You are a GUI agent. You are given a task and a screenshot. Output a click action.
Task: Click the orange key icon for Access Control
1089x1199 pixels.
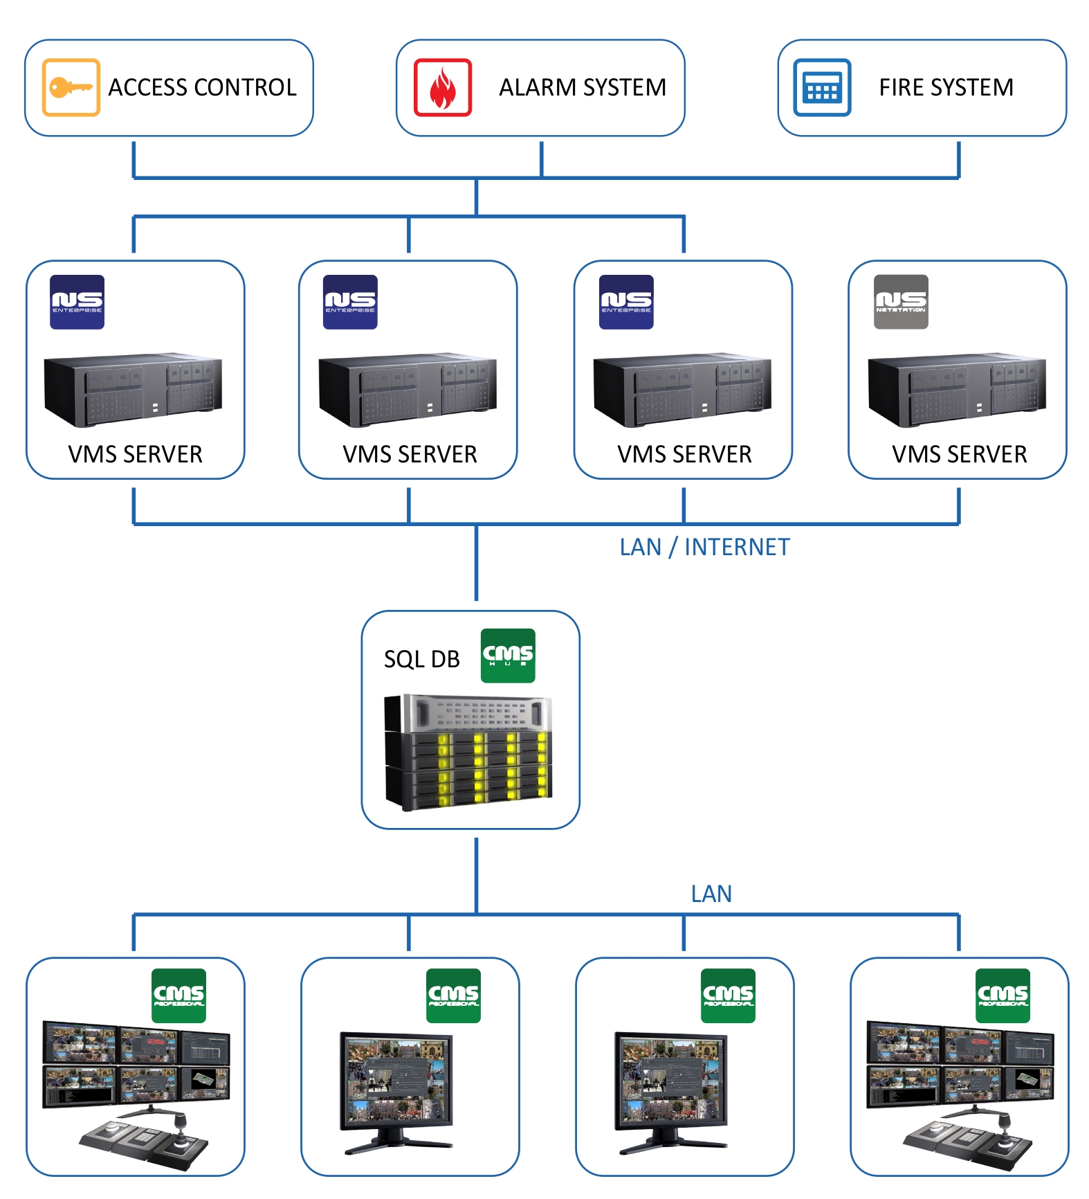pyautogui.click(x=71, y=87)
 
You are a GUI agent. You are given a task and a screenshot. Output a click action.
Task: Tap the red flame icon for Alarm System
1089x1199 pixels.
pyautogui.click(x=443, y=87)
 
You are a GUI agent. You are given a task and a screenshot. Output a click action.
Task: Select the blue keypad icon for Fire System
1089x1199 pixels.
pyautogui.click(x=822, y=87)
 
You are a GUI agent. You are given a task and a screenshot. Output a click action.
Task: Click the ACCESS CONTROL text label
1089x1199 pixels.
pyautogui.click(x=202, y=88)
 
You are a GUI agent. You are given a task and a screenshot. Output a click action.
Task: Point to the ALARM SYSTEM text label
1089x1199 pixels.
pyautogui.click(x=583, y=88)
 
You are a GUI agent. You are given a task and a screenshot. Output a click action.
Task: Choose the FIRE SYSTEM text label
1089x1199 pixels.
pyautogui.click(x=946, y=88)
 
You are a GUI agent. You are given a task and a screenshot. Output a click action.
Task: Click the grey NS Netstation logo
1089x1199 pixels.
pyautogui.click(x=901, y=302)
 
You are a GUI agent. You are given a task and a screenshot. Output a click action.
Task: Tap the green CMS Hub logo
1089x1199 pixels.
pyautogui.click(x=508, y=655)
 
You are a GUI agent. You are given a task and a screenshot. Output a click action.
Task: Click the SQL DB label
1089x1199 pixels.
pyautogui.click(x=421, y=659)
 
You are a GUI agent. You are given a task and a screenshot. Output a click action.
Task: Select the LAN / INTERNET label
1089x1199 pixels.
pyautogui.click(x=704, y=548)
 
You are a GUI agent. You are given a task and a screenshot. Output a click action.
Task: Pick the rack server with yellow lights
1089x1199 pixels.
pyautogui.click(x=469, y=752)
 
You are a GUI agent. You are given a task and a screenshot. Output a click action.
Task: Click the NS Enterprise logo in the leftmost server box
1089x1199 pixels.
pyautogui.click(x=77, y=302)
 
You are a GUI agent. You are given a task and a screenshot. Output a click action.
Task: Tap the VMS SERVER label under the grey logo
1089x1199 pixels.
pyautogui.click(x=959, y=455)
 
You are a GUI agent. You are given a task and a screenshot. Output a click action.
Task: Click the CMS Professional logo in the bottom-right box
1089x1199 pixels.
pyautogui.click(x=1003, y=995)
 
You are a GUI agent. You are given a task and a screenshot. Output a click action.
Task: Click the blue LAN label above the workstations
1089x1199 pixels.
pyautogui.click(x=711, y=894)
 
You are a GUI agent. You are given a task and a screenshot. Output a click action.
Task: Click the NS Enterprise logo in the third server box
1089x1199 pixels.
pyautogui.click(x=626, y=302)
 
